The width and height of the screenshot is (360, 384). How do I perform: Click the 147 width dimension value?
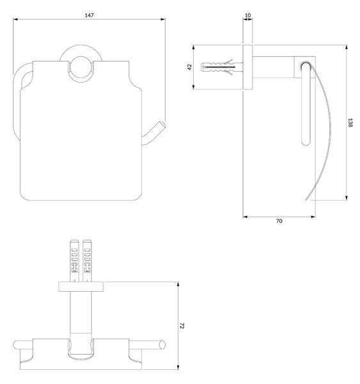pyautogui.click(x=89, y=15)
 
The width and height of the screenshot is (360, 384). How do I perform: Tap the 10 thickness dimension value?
pyautogui.click(x=247, y=15)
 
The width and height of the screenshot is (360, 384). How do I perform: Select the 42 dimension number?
pyautogui.click(x=190, y=67)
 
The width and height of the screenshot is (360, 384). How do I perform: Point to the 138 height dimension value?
pyautogui.click(x=350, y=123)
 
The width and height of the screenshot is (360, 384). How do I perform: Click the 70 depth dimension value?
pyautogui.click(x=279, y=221)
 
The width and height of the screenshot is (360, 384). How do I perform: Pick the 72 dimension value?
pyautogui.click(x=182, y=326)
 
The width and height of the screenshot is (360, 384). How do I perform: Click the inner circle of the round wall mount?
pyautogui.click(x=81, y=68)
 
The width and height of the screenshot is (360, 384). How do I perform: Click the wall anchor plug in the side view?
pyautogui.click(x=222, y=67)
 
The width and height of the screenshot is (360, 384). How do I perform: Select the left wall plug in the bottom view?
pyautogui.click(x=74, y=260)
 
